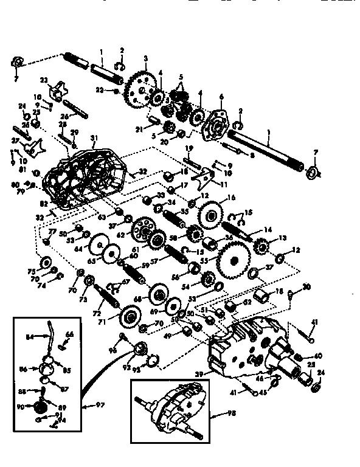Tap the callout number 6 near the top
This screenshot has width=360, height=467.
221,96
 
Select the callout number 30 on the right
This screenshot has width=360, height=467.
306,287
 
